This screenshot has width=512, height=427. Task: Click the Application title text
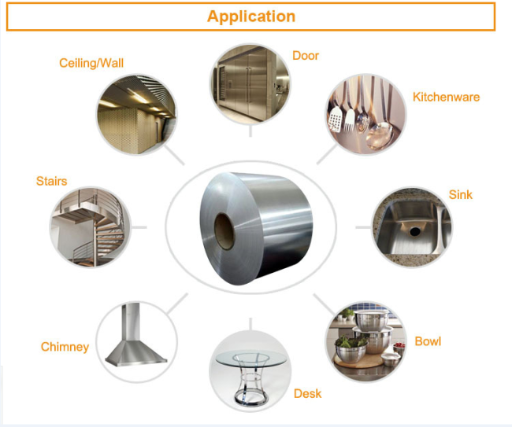click(251, 17)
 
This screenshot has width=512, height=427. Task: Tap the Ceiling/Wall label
click(91, 63)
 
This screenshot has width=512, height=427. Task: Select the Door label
click(306, 55)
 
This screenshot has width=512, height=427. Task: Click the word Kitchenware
click(446, 97)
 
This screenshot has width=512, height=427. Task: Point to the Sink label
click(461, 194)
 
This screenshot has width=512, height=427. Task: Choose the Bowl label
click(428, 341)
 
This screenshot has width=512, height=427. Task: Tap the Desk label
click(307, 393)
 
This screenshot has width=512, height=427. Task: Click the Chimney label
click(65, 347)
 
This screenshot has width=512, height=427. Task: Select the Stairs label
click(51, 181)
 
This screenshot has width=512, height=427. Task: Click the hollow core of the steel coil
click(224, 231)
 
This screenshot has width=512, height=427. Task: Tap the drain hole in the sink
click(415, 231)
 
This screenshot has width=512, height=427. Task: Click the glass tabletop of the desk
click(250, 359)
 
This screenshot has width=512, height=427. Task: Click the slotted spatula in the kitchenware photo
click(334, 120)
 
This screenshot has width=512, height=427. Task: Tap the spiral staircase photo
click(90, 227)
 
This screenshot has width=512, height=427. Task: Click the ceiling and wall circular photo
click(137, 114)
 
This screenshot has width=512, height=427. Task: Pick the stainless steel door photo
click(250, 83)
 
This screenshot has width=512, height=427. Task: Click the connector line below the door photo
click(250, 131)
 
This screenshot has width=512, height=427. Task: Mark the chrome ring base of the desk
click(250, 399)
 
